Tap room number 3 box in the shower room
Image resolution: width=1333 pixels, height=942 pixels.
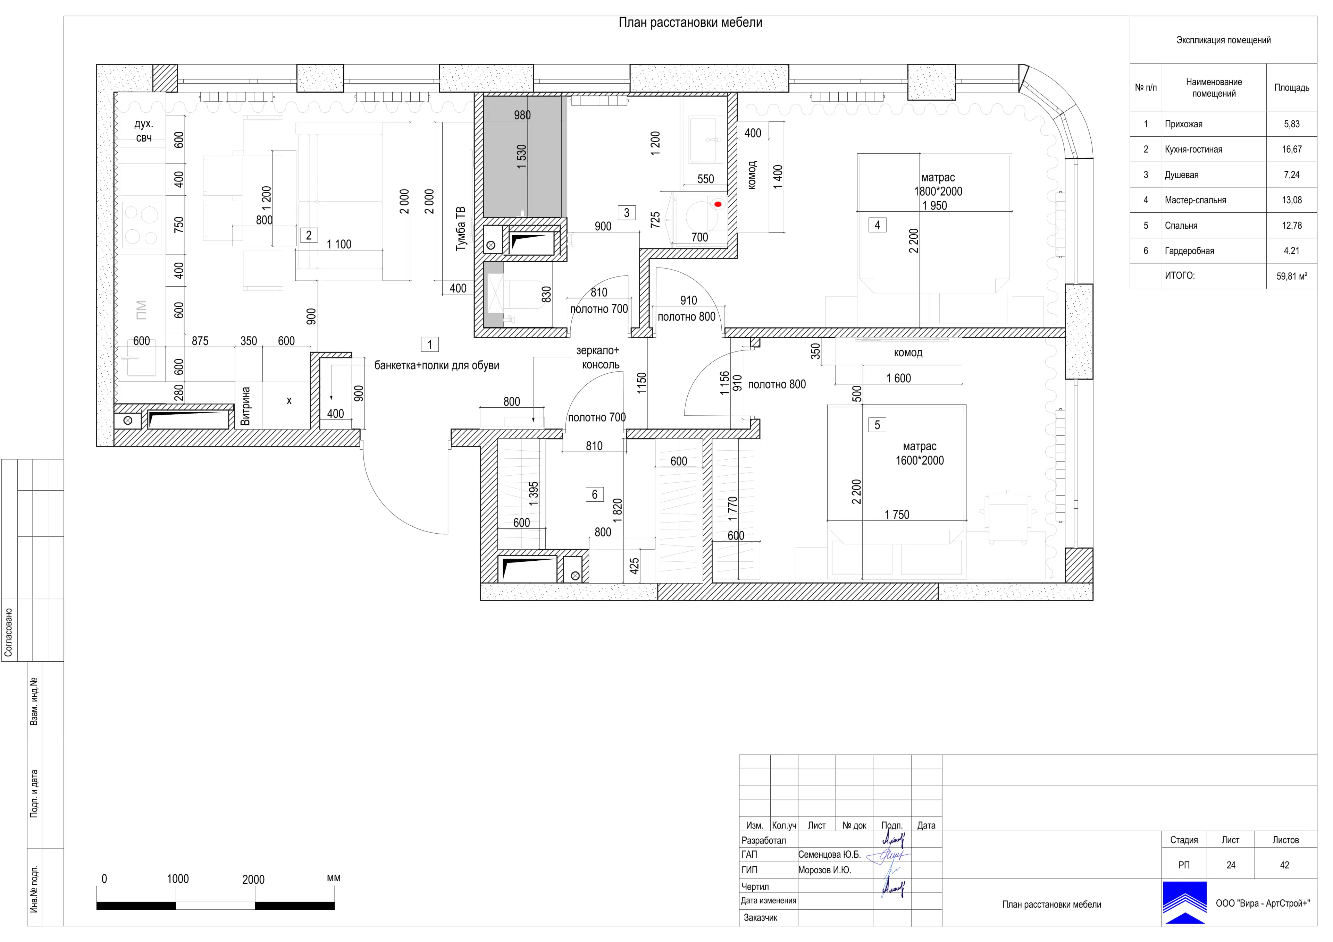(627, 213)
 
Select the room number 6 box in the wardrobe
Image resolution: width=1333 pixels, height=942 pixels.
(595, 494)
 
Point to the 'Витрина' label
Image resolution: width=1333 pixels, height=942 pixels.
(245, 406)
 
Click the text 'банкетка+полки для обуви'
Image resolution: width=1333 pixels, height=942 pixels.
(437, 366)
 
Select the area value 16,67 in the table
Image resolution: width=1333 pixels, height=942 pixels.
(1292, 149)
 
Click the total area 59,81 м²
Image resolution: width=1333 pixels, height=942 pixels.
(1292, 276)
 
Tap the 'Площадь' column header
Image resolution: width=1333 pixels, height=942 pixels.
(1292, 88)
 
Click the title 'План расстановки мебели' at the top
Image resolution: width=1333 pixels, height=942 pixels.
(690, 23)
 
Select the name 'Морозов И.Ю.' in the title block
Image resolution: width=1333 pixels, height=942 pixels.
(824, 870)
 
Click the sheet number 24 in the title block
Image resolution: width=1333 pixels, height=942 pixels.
(1231, 865)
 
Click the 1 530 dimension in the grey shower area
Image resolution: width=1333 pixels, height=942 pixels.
(521, 157)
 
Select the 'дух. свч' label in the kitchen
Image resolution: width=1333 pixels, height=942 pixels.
(144, 130)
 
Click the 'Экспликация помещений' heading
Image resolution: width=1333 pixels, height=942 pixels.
(1223, 40)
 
